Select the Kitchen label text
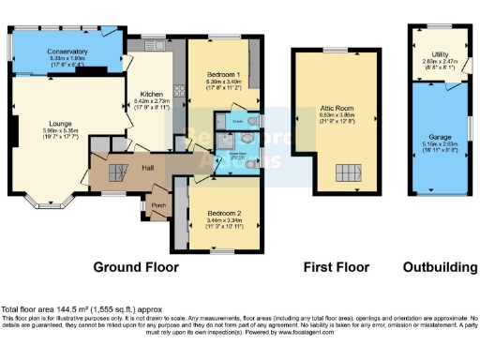click(x=153, y=95)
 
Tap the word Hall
click(x=148, y=167)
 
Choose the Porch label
click(x=158, y=204)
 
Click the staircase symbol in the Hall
click(x=118, y=173)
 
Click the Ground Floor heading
click(x=138, y=267)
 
